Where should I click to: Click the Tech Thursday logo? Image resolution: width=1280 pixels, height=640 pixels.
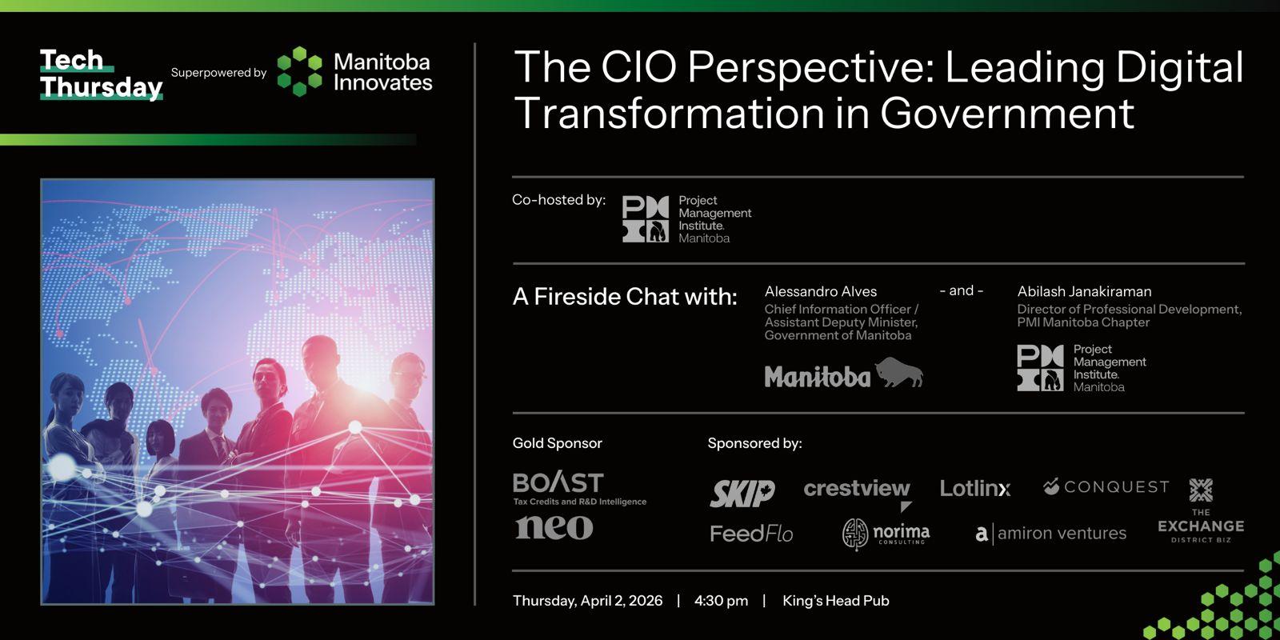[101, 75]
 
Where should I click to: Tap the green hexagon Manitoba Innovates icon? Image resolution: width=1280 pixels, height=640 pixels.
[299, 71]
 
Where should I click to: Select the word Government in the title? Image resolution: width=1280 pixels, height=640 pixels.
[1007, 113]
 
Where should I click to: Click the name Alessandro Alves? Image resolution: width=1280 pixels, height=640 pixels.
[821, 291]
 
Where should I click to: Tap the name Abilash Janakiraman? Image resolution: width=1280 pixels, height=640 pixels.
[1084, 291]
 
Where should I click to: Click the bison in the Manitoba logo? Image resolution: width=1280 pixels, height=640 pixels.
[899, 372]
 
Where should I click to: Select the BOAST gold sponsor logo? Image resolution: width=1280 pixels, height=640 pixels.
[579, 488]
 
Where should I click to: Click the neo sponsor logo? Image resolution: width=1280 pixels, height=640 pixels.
[554, 527]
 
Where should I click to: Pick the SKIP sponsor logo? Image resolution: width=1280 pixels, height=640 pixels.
[742, 493]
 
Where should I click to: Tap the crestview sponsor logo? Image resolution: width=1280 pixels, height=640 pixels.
[857, 494]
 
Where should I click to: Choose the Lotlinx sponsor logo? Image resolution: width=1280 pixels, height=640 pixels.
[975, 488]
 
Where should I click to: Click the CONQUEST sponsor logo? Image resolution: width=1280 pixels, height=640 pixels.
[1106, 487]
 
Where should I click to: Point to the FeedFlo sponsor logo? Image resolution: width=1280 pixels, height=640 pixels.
[751, 534]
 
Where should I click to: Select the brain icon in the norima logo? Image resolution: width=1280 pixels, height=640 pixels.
[855, 534]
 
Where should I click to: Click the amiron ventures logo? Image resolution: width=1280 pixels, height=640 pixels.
[1051, 534]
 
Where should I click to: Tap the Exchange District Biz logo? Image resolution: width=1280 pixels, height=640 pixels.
[1201, 510]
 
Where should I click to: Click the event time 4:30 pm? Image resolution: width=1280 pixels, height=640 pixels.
[721, 601]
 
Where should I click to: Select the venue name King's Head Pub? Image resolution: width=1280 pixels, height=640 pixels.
[836, 601]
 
